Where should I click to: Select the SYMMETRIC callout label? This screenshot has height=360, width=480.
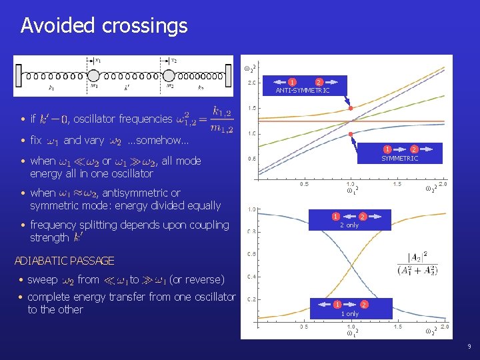(x=399, y=159)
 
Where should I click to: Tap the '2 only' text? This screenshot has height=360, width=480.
(x=349, y=225)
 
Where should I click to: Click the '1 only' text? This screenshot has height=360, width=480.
(x=350, y=313)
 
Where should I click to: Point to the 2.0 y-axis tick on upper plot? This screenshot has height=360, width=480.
(x=253, y=83)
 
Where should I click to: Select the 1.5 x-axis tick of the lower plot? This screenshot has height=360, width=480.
(x=398, y=327)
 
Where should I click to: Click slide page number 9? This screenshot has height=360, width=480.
(x=469, y=347)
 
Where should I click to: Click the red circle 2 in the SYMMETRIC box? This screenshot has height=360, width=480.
(x=414, y=149)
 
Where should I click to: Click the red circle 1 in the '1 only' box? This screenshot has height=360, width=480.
(x=338, y=305)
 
